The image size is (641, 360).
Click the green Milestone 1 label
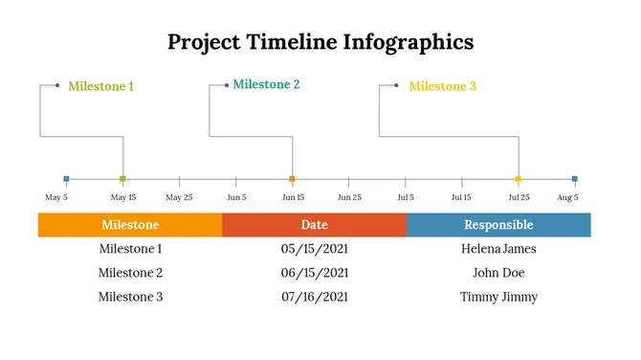pos(100,86)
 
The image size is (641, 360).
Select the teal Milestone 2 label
pos(266,84)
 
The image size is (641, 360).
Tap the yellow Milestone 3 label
pos(442,86)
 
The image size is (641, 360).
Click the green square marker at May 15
pos(122,179)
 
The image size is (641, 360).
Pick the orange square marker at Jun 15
pos(292,179)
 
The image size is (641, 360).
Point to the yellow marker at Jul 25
pos(519,179)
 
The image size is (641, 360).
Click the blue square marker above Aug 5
pos(574,179)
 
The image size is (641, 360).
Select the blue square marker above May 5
pos(66,179)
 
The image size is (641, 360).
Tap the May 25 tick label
pos(179,197)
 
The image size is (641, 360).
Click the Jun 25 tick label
pos(349,197)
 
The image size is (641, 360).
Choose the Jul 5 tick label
pos(406,197)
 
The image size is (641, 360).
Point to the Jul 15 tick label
pos(461,197)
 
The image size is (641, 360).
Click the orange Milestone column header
pos(130,225)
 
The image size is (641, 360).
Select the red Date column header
pos(314,225)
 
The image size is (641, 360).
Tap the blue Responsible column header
pos(498,225)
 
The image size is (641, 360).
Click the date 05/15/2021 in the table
pos(314,249)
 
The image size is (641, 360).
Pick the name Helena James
pos(498,249)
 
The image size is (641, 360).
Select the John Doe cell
pos(498,273)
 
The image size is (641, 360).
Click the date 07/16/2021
pos(314,297)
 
